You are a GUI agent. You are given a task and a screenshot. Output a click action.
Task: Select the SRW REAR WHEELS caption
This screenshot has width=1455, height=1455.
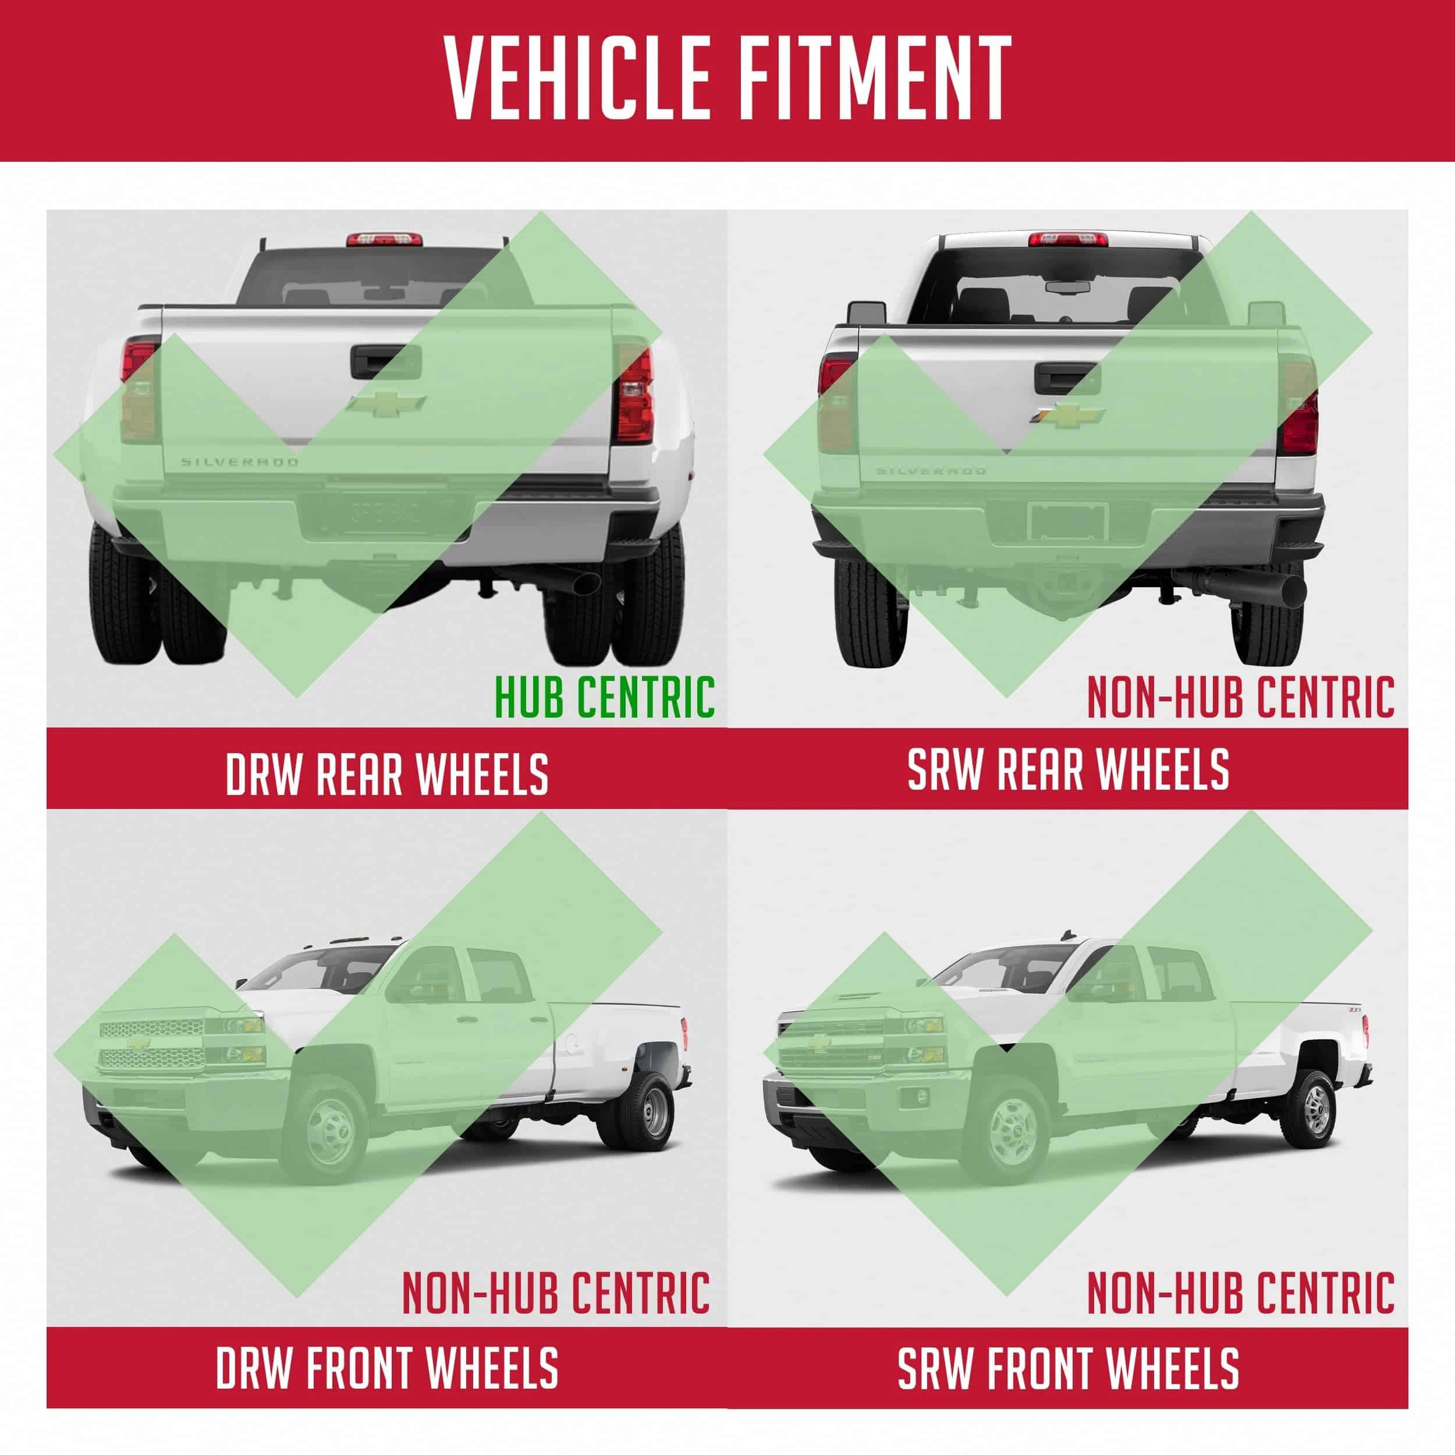click(1069, 769)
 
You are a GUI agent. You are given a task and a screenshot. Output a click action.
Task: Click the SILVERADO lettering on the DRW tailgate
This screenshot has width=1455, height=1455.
click(239, 462)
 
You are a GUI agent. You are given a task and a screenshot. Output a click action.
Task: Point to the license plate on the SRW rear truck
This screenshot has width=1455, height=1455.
click(1067, 520)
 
